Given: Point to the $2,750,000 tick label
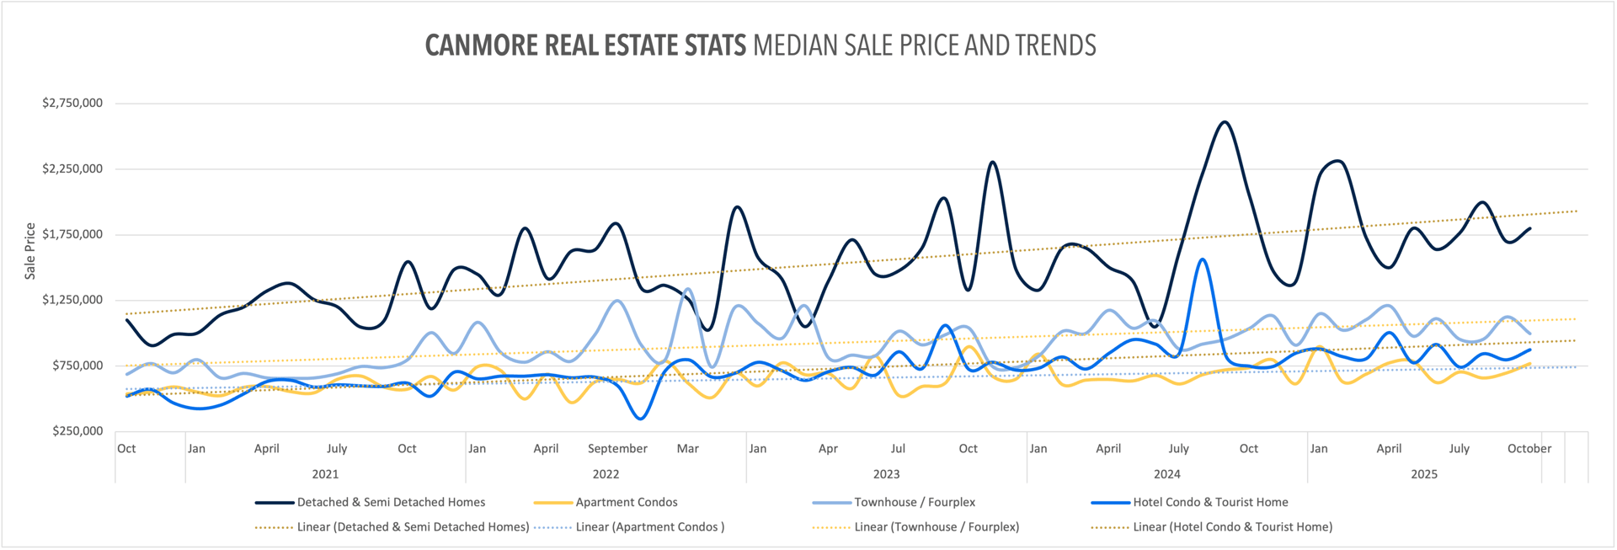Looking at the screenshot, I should pyautogui.click(x=72, y=103).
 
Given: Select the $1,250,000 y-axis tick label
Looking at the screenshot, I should pyautogui.click(x=72, y=300).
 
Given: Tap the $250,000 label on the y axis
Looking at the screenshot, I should pyautogui.click(x=77, y=431).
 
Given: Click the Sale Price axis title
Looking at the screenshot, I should pyautogui.click(x=30, y=251).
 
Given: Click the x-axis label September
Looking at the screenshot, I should pyautogui.click(x=617, y=449).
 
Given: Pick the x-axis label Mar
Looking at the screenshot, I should pyautogui.click(x=688, y=449).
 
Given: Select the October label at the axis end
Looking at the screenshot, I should pyautogui.click(x=1529, y=449).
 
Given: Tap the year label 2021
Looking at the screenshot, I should pyautogui.click(x=325, y=474).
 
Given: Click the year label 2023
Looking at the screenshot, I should pyautogui.click(x=886, y=474).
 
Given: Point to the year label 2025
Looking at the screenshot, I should pyautogui.click(x=1424, y=474).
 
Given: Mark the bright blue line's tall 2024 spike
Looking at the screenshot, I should pyautogui.click(x=1202, y=259).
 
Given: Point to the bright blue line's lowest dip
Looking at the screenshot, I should pyautogui.click(x=641, y=419).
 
